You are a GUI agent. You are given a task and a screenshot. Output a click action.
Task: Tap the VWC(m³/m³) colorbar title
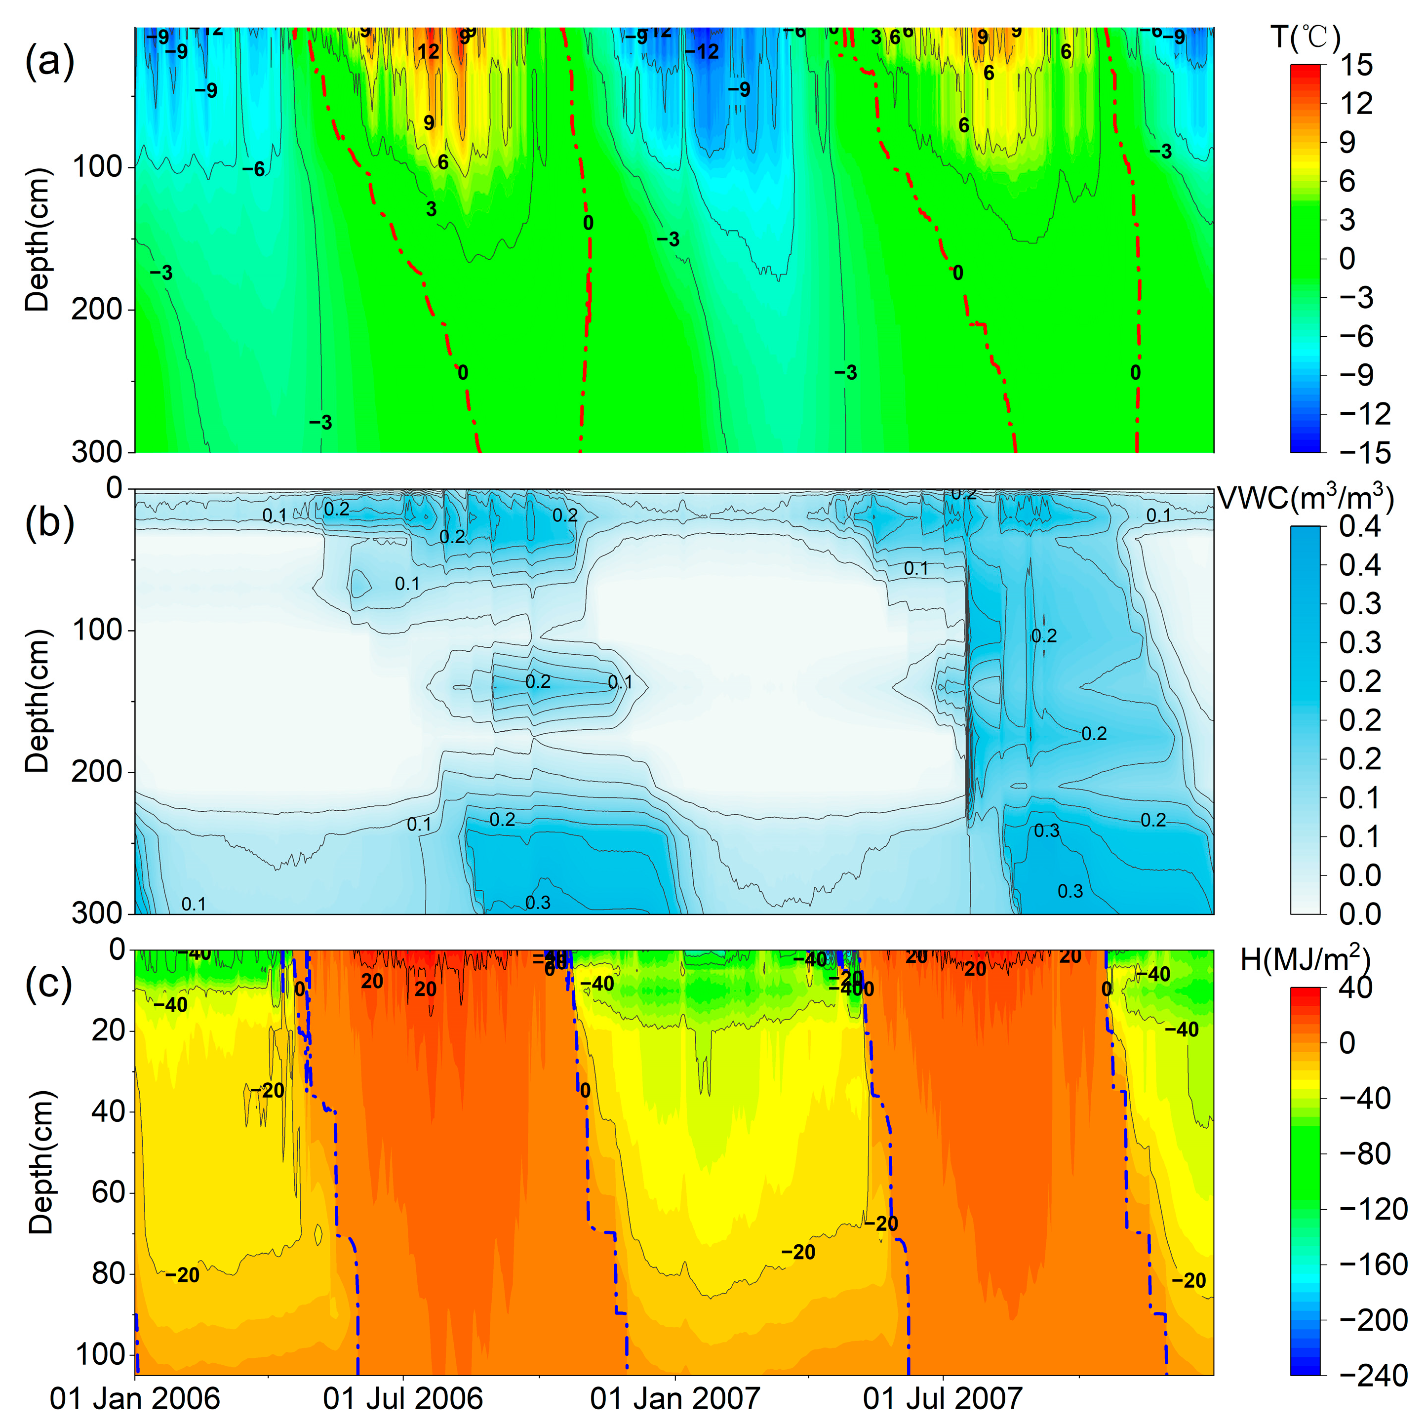tap(1305, 499)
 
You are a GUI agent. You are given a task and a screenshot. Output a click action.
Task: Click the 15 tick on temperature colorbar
tap(1356, 65)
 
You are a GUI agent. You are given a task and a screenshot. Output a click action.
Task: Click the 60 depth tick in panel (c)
tap(108, 1192)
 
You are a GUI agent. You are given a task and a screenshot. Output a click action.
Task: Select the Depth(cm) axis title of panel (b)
tap(37, 701)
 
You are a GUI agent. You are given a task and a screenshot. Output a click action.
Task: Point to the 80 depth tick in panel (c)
tap(108, 1273)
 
